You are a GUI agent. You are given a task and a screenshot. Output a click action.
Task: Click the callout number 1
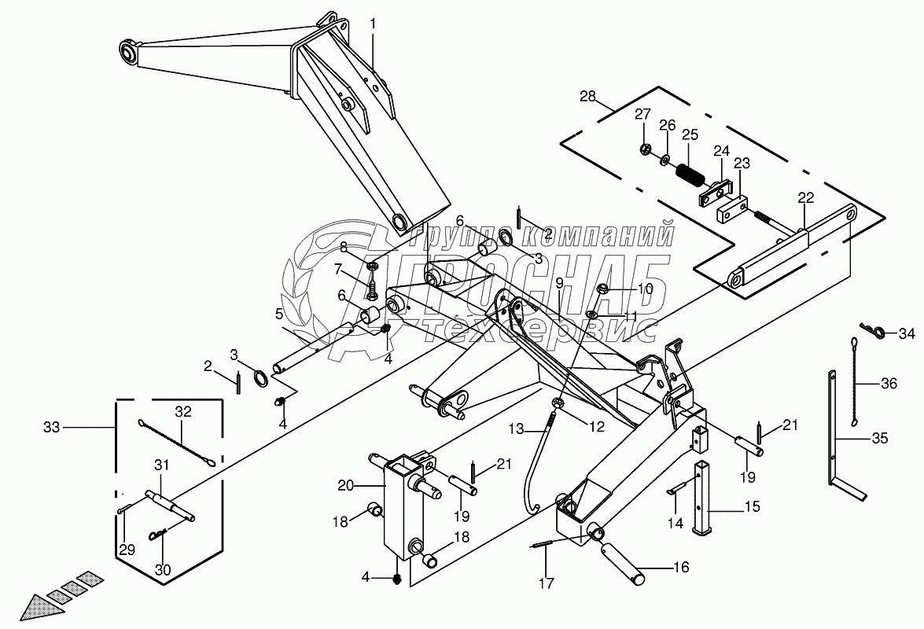(373, 24)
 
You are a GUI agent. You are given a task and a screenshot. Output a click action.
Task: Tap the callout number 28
(588, 97)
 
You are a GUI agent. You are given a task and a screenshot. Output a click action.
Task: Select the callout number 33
(52, 426)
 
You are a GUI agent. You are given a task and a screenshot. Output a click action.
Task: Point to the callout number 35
(881, 438)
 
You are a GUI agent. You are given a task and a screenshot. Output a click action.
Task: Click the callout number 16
(682, 568)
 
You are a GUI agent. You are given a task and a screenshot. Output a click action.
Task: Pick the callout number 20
(346, 485)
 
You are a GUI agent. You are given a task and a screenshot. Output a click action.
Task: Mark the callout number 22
(805, 198)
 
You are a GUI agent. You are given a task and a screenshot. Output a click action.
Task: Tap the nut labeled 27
(645, 149)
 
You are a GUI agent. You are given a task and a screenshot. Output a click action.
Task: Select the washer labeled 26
(666, 158)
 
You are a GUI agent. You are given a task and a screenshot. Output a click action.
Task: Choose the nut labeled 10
(603, 289)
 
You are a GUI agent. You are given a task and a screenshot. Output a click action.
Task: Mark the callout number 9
(559, 284)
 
